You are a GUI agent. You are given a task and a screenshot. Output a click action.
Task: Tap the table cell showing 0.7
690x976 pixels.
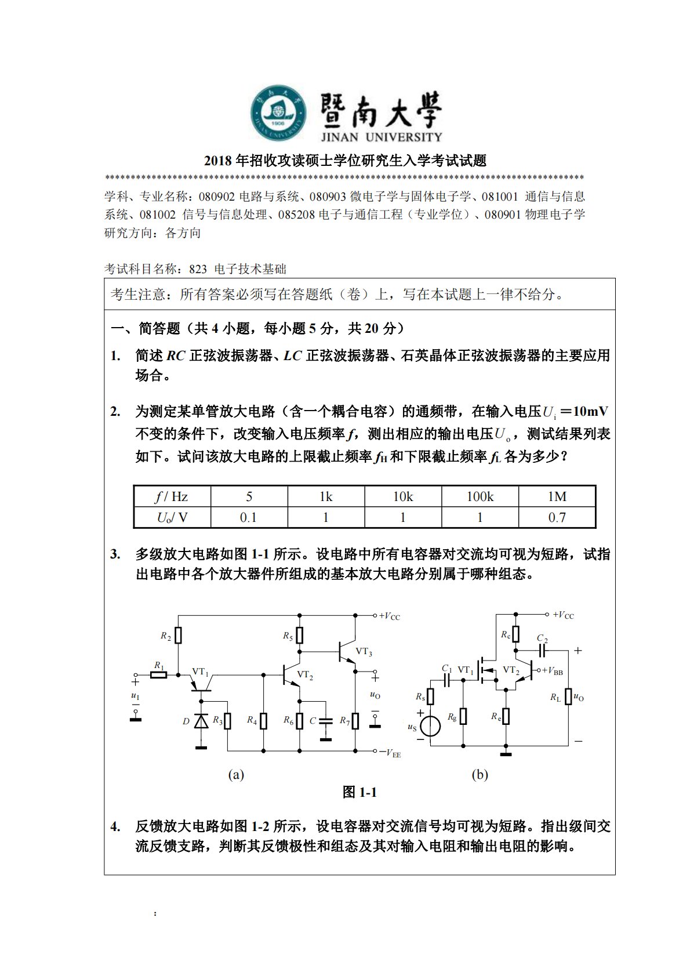(557, 517)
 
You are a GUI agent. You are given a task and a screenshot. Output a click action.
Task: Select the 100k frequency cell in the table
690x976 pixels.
(480, 497)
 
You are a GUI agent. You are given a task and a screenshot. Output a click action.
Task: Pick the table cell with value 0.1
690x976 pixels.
(249, 517)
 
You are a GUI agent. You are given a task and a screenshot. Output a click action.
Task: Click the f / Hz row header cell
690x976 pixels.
(172, 497)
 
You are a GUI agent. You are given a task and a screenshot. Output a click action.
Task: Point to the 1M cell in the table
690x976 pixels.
(557, 497)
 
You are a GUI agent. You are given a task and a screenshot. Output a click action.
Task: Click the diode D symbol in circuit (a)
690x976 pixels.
(201, 721)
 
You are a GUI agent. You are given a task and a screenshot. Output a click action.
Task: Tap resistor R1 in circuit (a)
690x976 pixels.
(159, 674)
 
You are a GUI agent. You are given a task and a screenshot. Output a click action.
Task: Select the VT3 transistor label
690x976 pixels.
(364, 651)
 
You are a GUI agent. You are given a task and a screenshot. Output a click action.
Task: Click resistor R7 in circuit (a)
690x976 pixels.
(355, 721)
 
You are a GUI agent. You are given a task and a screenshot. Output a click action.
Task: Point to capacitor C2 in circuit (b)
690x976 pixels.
(542, 650)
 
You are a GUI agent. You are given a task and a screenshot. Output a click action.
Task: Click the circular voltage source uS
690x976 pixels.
(430, 726)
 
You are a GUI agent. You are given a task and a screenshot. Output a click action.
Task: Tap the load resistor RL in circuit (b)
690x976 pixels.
(568, 696)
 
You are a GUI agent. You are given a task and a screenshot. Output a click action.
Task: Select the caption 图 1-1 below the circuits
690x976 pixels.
(359, 792)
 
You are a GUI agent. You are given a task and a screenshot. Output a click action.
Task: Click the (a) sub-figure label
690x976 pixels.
(236, 775)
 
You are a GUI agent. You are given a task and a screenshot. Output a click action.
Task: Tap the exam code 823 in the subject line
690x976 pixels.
(198, 269)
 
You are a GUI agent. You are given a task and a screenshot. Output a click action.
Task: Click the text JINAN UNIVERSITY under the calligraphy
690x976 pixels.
(381, 137)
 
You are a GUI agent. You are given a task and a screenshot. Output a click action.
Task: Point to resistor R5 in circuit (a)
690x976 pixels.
(299, 636)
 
